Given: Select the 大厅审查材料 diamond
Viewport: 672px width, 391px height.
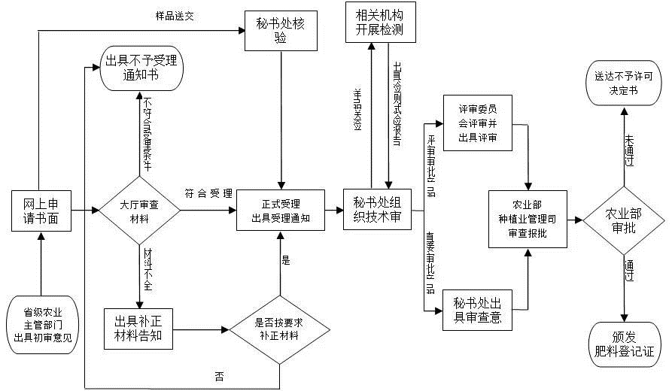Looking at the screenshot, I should coord(141,211).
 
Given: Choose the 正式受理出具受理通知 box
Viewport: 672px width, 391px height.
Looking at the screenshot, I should coord(281,211).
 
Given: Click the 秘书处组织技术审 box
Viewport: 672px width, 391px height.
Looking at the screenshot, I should coord(377,210).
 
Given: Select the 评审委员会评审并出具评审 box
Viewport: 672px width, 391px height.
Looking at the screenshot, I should coord(478,123).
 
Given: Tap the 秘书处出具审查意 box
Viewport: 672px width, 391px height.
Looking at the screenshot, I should coord(478,310).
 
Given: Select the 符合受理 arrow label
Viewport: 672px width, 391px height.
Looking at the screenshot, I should coord(208,194).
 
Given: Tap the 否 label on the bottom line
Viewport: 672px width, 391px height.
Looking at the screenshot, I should coord(219,377).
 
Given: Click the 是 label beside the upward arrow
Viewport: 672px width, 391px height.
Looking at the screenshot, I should coord(285,261).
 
